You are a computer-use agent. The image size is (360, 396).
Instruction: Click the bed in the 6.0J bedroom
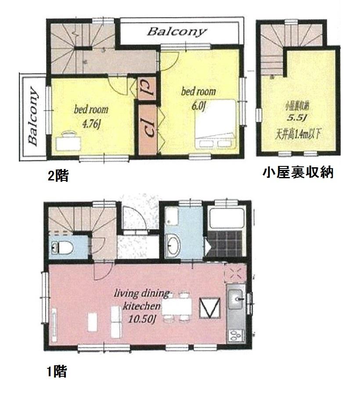216,125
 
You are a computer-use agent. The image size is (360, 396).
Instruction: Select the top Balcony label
176,32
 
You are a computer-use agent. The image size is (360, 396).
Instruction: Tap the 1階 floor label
56,372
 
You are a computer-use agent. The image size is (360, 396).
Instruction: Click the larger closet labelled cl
148,127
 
